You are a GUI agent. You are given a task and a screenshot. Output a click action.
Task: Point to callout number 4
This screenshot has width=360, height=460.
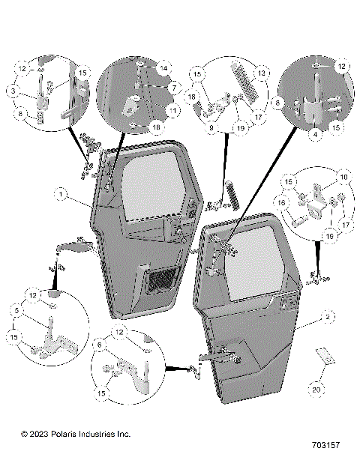pyautogui.click(x=315, y=135)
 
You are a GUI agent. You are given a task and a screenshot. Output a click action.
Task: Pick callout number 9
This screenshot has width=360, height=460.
pyautogui.click(x=211, y=129)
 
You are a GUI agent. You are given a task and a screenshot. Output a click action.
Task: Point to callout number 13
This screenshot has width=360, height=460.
pyautogui.click(x=263, y=73)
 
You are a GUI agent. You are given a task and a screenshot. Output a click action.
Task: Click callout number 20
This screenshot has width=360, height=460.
pyautogui.click(x=315, y=389)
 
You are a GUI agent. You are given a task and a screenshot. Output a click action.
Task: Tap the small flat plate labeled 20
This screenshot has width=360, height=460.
pyautogui.click(x=323, y=357)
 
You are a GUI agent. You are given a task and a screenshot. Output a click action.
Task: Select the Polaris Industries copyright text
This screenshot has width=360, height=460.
pyautogui.click(x=75, y=434)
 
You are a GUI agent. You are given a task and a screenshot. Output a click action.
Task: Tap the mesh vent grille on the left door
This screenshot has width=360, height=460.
pyautogui.click(x=160, y=282)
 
